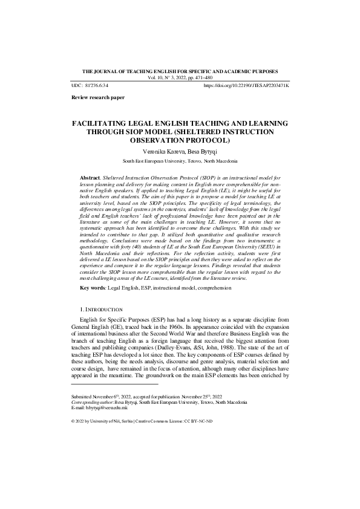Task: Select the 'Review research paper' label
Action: (x=98, y=97)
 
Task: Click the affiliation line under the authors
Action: (x=180, y=162)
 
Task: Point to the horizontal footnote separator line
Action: (x=114, y=384)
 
